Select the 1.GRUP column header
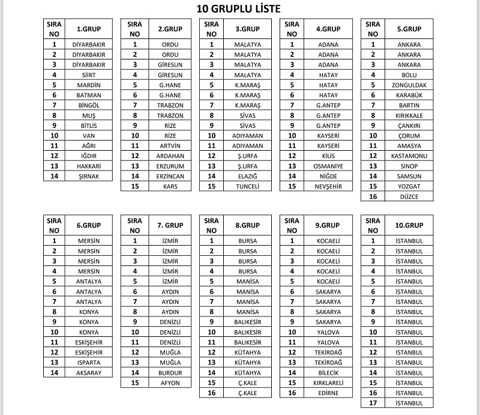coord(89,29)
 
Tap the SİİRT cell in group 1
coord(89,75)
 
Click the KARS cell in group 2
coord(170,186)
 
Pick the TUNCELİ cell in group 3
coord(247,186)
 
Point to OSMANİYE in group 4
coord(328,166)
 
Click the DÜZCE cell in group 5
coord(409,196)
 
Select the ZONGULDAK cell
coord(409,85)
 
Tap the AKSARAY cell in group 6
coord(89,372)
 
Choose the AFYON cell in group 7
coord(170,383)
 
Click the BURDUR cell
coord(170,372)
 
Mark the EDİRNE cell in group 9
coord(328,393)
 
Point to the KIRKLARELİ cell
coord(328,383)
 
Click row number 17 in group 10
coord(373,403)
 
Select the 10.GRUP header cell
coord(409,225)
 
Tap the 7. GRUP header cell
coord(170,225)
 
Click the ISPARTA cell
coord(89,362)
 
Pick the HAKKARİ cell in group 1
coord(89,166)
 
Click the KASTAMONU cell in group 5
coord(409,156)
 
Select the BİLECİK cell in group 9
coord(328,372)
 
